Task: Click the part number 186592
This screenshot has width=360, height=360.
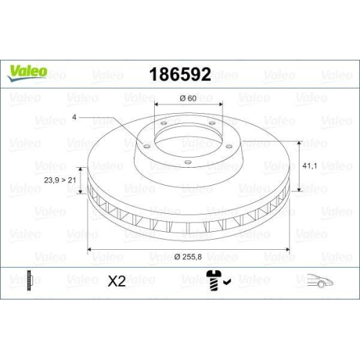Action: [x=179, y=74]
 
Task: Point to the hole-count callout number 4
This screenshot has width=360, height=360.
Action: [x=73, y=117]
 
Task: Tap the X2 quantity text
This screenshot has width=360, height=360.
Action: [x=117, y=282]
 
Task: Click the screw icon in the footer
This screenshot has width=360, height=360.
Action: [x=215, y=280]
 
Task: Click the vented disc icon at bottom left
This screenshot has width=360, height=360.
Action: [x=29, y=281]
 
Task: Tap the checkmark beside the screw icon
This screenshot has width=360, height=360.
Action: [x=228, y=282]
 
